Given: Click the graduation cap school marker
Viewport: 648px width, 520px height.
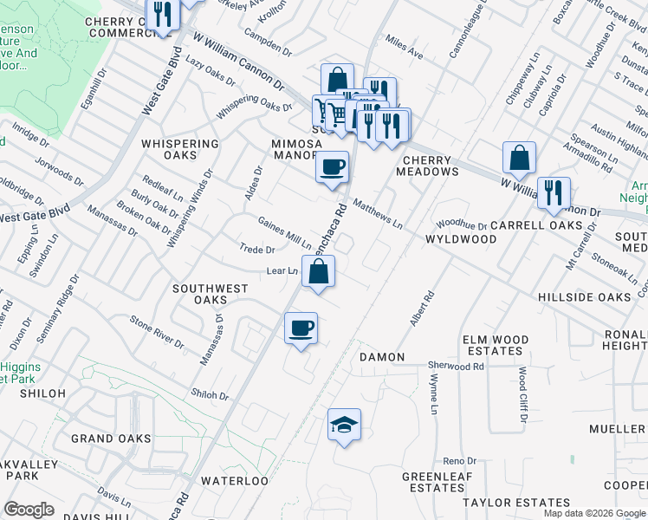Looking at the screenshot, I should (344, 425).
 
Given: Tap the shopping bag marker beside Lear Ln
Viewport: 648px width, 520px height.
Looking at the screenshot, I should (319, 272).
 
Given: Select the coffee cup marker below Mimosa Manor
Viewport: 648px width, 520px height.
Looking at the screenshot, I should (332, 166).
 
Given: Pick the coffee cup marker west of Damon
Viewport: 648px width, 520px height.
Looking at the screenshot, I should (301, 328).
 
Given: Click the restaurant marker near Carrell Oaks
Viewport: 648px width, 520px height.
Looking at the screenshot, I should (552, 192).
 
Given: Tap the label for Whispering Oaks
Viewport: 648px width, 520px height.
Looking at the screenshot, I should (180, 149).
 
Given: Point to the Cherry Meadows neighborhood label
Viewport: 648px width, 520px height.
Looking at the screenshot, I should (427, 166).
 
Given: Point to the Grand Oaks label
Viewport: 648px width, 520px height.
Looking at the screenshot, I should (111, 439).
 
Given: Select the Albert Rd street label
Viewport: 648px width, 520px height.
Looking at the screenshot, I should (422, 309).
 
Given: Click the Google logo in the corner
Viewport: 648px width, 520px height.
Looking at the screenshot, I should (29, 510).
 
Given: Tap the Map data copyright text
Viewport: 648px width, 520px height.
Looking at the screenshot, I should (595, 513).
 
